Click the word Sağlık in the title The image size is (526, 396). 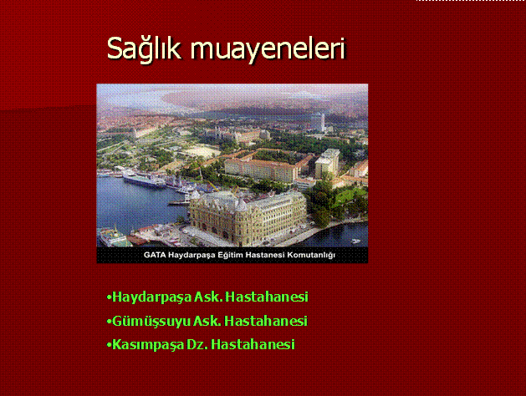(144, 48)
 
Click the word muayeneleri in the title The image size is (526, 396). (268, 49)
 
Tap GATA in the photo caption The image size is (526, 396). (155, 255)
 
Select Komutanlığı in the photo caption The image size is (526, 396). (311, 256)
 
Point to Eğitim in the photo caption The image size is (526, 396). (230, 256)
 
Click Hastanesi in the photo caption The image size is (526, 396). (265, 255)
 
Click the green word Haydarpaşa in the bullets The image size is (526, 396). (151, 297)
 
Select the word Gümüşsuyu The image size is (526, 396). (151, 322)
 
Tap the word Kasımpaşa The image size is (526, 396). (148, 345)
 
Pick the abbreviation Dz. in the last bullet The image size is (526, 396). (197, 345)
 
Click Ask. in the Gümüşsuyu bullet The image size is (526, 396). (207, 321)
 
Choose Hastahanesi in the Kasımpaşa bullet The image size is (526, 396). (253, 345)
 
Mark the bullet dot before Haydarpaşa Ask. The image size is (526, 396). (109, 297)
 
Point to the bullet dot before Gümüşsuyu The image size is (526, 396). (109, 322)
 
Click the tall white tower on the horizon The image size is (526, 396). (323, 122)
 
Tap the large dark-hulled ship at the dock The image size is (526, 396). (144, 179)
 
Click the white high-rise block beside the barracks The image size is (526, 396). (327, 164)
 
